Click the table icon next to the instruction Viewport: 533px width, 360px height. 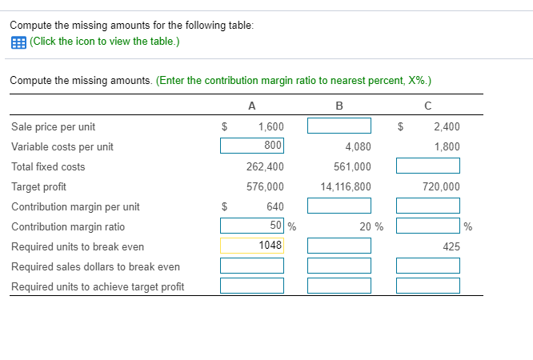point(18,42)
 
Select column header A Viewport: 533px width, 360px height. point(252,105)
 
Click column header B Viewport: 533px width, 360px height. point(339,105)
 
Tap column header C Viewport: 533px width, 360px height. point(427,105)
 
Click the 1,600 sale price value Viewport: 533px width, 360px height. point(271,126)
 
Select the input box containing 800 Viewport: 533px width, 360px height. point(252,146)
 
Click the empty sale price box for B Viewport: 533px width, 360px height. point(339,126)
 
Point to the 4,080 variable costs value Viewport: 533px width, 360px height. point(358,146)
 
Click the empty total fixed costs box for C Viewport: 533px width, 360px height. point(428,166)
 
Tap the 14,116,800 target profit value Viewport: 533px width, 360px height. point(346,186)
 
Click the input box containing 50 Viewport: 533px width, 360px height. point(252,226)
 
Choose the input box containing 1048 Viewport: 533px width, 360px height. point(252,246)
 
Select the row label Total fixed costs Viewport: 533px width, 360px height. point(48,166)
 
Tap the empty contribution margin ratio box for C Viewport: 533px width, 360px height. point(428,226)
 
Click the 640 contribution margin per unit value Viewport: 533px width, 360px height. point(275,206)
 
